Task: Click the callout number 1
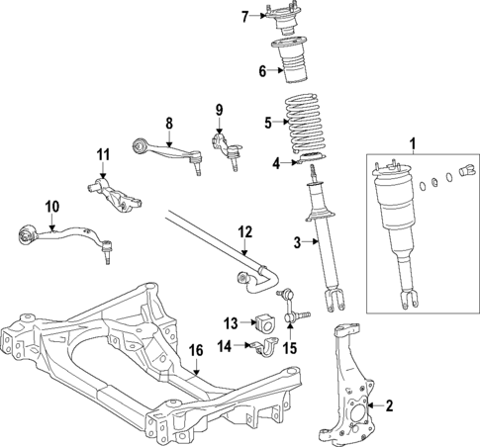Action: click(x=413, y=144)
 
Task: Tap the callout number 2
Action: click(x=389, y=404)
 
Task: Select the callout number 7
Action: click(x=244, y=16)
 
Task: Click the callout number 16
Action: click(x=196, y=349)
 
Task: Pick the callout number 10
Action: click(x=51, y=206)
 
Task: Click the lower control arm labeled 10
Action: click(x=64, y=237)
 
